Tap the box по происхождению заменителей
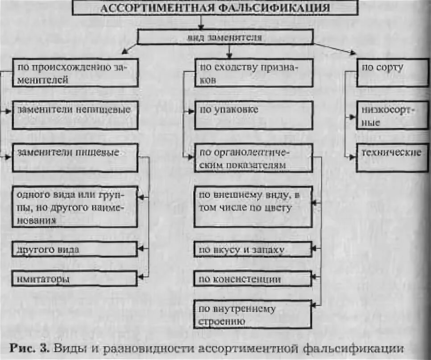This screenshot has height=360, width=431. [75, 73]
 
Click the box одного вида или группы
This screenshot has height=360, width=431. [75, 206]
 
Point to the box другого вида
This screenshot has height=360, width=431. [75, 249]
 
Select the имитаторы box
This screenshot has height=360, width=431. [75, 279]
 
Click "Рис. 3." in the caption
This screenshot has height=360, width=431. [32, 347]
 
